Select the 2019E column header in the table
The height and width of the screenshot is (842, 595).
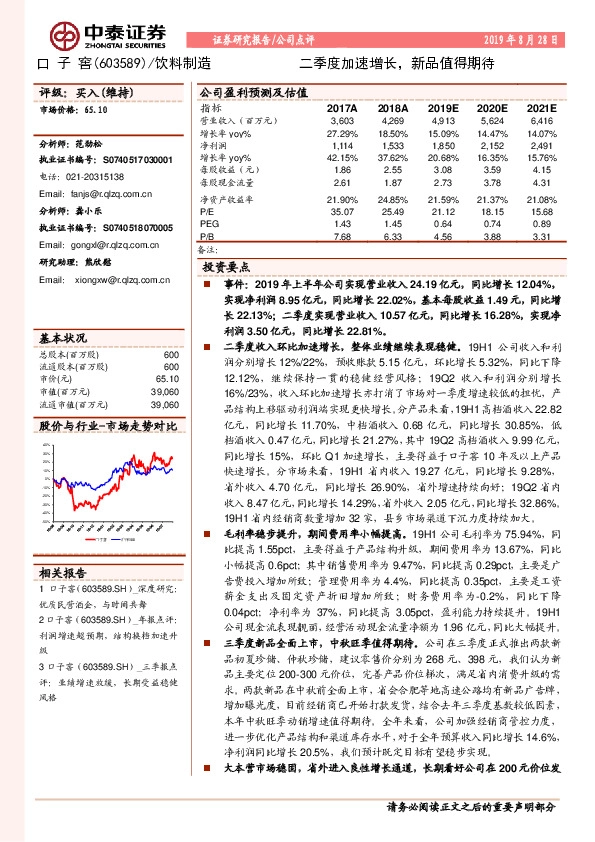pos(441,108)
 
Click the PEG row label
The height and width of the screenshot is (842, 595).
pos(208,224)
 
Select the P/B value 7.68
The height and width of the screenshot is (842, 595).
pos(343,237)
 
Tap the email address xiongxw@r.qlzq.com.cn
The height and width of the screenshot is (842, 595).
pos(109,280)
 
